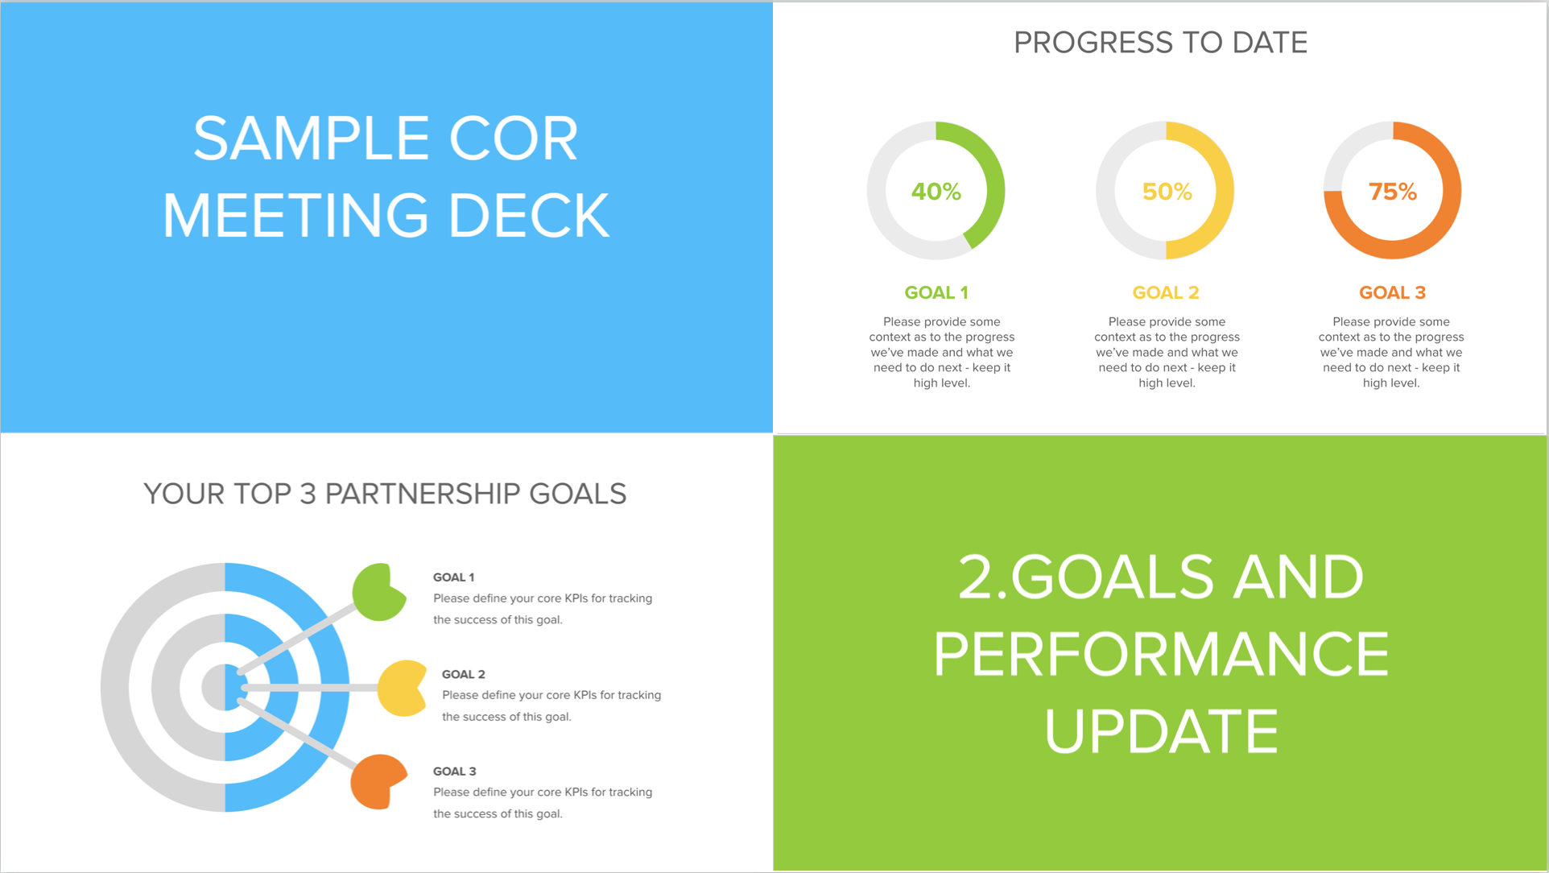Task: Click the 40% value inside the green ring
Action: coord(936,192)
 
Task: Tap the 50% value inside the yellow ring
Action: coord(1167,192)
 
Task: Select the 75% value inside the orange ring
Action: coord(1392,192)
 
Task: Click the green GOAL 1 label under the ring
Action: coord(936,292)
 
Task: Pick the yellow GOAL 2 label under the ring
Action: coord(1165,292)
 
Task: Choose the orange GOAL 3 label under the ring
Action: coord(1391,292)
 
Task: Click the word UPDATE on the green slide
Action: coord(1161,731)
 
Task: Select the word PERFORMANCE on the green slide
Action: coord(1161,654)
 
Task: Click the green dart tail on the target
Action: coord(378,593)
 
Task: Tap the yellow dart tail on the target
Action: coord(402,688)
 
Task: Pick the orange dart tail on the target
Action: coord(377,781)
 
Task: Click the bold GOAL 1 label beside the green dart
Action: coord(453,577)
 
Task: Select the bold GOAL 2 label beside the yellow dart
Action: coord(463,674)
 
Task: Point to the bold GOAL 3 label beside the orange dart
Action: coord(454,772)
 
